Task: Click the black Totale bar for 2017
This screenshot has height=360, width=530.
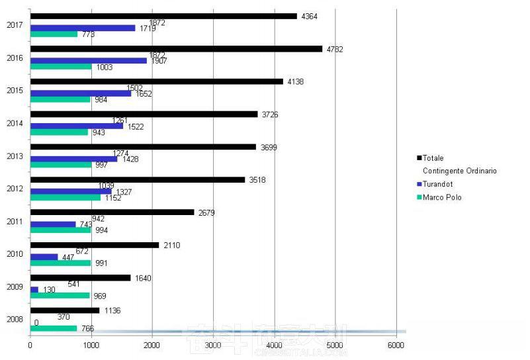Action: click(x=163, y=16)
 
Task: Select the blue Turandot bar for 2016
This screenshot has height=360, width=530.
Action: click(x=89, y=61)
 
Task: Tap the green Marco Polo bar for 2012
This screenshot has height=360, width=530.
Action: click(x=66, y=197)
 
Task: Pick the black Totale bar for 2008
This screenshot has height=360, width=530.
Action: click(x=65, y=310)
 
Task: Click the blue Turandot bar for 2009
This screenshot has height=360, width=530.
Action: click(x=34, y=290)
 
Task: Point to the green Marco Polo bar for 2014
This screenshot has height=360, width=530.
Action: click(x=59, y=132)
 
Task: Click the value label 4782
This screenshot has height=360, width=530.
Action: click(x=335, y=49)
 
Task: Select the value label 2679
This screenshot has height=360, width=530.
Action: click(x=206, y=212)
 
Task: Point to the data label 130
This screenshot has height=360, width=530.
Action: click(x=49, y=290)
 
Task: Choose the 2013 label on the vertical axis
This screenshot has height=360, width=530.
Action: click(x=15, y=156)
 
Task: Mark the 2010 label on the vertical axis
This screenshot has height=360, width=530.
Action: click(x=15, y=254)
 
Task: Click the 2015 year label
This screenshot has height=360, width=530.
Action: click(x=15, y=91)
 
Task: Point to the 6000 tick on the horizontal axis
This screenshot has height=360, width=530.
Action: click(x=396, y=345)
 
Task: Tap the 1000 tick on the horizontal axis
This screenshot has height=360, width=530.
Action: click(x=91, y=345)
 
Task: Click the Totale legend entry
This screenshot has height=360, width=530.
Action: click(x=433, y=158)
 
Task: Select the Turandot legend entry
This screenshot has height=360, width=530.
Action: click(x=437, y=184)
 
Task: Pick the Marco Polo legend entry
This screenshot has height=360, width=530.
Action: click(x=441, y=197)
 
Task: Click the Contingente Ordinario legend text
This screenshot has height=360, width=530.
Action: click(x=459, y=171)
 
